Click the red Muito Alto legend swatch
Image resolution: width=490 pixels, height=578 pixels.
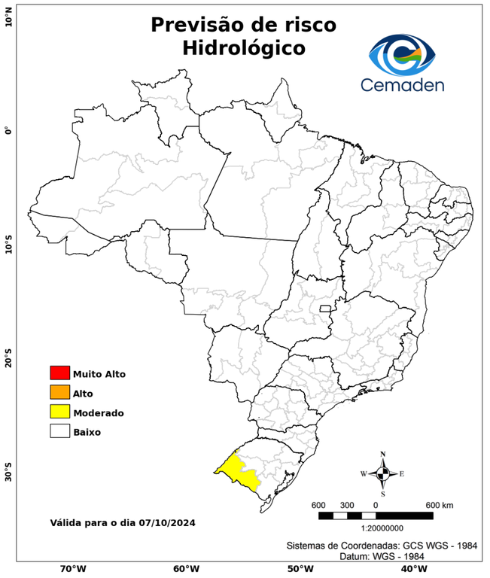click(x=59, y=373)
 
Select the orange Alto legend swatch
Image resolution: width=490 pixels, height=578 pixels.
click(x=59, y=392)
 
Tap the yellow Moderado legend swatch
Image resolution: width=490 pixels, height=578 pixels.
click(x=59, y=412)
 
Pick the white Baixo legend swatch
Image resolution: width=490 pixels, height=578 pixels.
click(x=59, y=431)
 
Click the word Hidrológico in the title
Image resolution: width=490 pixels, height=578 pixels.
click(x=244, y=48)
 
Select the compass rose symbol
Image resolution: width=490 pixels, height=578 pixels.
click(x=382, y=473)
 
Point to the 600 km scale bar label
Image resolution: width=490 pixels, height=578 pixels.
click(x=438, y=504)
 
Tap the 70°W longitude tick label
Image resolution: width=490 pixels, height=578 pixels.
click(x=72, y=568)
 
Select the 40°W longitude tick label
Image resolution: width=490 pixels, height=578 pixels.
click(x=411, y=568)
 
